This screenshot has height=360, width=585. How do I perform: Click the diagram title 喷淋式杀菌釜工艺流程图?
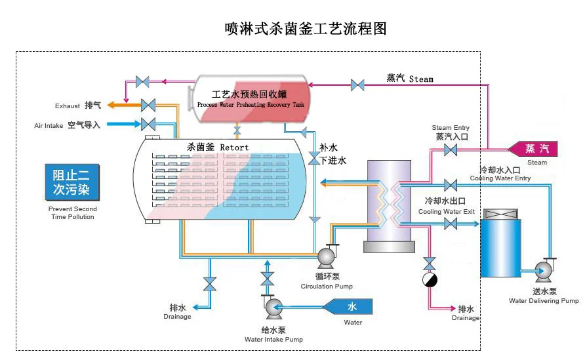[306, 29]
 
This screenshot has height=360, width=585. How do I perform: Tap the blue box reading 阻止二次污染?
[72, 183]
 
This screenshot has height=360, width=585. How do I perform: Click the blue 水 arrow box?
[348, 306]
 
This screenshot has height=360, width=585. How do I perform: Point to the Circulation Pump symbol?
[327, 257]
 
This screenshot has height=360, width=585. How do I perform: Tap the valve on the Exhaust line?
[148, 105]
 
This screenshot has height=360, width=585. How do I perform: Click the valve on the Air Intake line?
[148, 124]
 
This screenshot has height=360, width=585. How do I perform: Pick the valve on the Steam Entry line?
[451, 150]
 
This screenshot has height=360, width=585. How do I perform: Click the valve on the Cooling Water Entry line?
[451, 186]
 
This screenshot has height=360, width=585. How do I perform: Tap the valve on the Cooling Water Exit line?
[451, 224]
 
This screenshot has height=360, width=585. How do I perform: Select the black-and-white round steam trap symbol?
[430, 280]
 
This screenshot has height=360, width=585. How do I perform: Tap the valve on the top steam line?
[357, 85]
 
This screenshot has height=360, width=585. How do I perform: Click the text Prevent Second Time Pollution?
[73, 213]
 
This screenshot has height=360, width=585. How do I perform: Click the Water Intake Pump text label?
[273, 334]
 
